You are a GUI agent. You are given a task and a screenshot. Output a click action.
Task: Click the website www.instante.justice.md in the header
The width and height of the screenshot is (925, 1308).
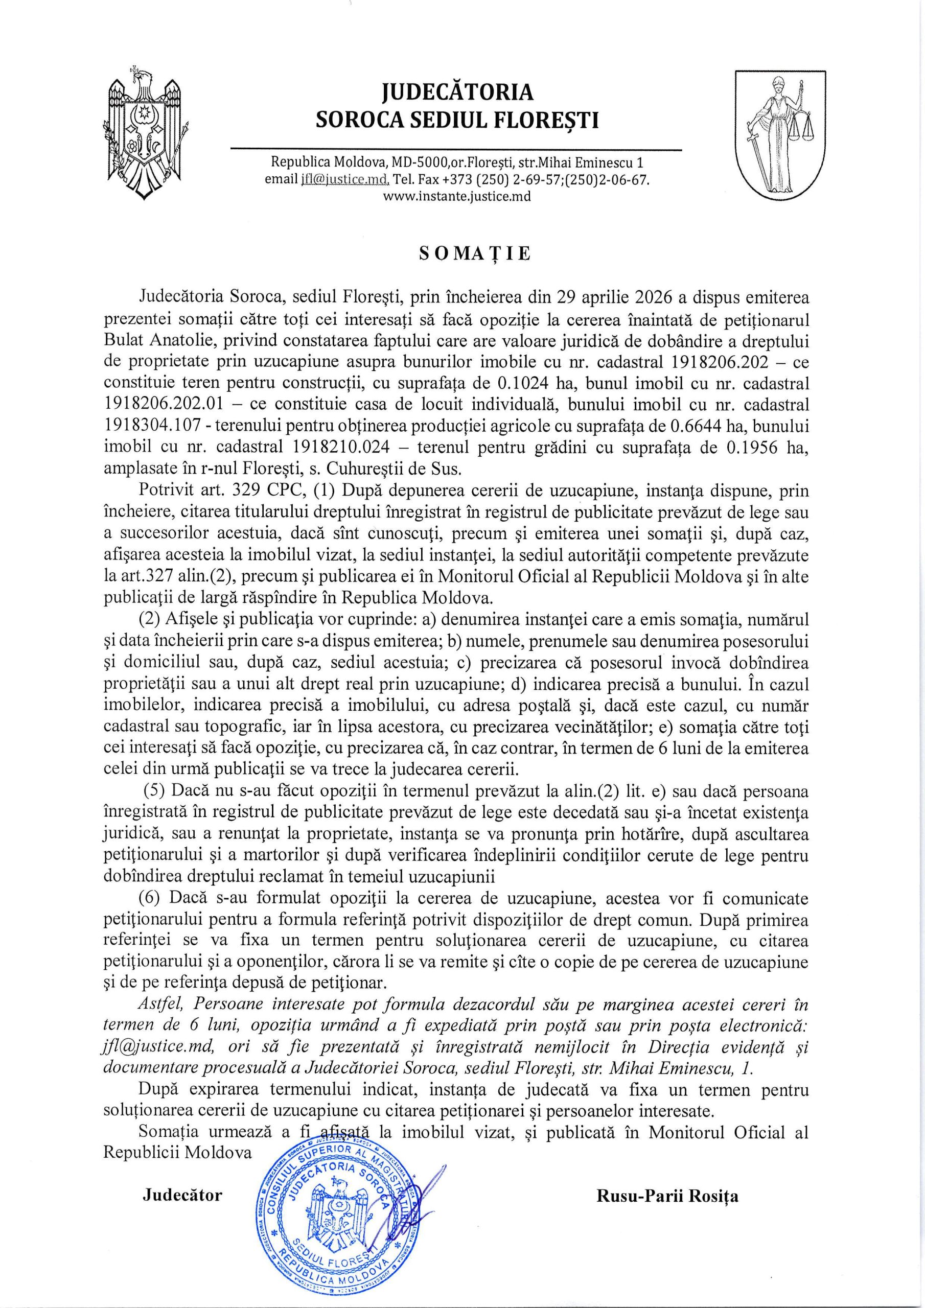click(456, 197)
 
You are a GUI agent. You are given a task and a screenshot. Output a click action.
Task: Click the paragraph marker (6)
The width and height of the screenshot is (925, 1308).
click(152, 898)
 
